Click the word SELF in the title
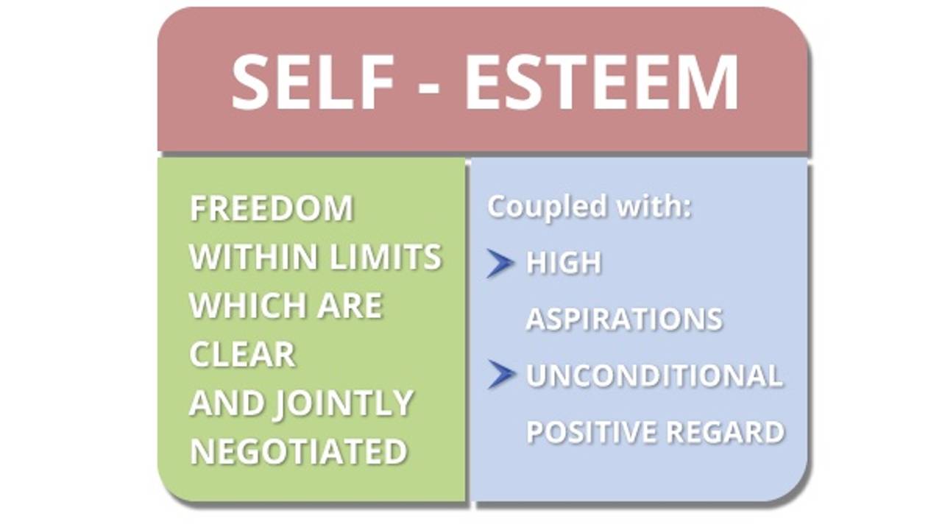point(313,82)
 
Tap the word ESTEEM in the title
point(601,82)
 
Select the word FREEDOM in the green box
point(272,209)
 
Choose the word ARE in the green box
point(350,305)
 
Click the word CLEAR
point(242,355)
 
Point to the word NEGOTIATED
point(298,452)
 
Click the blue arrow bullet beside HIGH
point(500,264)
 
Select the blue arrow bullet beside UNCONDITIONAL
point(501,375)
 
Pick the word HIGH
point(564,264)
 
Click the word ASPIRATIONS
point(624,319)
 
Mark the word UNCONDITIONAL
point(654,376)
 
